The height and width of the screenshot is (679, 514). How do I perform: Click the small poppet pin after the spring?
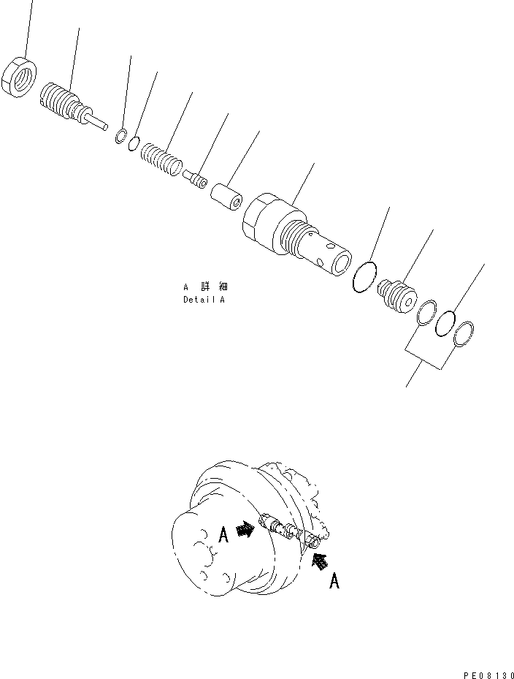(x=195, y=178)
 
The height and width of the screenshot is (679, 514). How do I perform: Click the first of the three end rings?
(x=427, y=312)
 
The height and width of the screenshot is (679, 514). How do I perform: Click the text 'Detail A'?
(x=204, y=300)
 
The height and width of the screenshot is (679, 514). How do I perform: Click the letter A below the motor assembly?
(x=334, y=581)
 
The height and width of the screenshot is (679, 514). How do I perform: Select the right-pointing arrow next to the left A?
(x=246, y=530)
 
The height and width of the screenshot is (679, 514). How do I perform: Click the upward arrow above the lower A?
(x=318, y=561)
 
